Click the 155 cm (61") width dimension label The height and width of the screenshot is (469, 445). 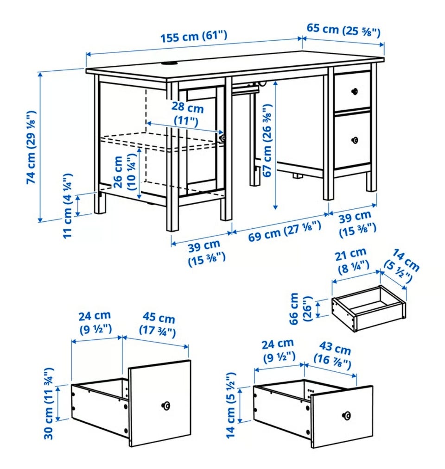(x=194, y=37)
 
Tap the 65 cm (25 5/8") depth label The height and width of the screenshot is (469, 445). (x=343, y=30)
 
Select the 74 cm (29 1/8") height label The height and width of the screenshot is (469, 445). (x=31, y=147)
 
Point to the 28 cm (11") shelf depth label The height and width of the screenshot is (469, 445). (x=187, y=114)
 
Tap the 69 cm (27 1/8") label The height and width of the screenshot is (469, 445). (x=285, y=231)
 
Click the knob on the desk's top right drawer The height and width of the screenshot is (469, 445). (x=355, y=91)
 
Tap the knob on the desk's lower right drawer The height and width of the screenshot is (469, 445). (x=355, y=140)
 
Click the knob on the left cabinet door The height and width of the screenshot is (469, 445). (x=222, y=138)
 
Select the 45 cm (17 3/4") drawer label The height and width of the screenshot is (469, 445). (x=158, y=324)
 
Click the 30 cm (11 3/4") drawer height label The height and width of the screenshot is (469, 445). (x=49, y=403)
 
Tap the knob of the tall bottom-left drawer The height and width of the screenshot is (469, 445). (x=165, y=406)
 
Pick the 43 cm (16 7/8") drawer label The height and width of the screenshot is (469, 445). (x=333, y=355)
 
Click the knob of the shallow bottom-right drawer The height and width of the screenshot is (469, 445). (x=346, y=415)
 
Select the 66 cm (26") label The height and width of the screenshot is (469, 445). (x=301, y=308)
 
